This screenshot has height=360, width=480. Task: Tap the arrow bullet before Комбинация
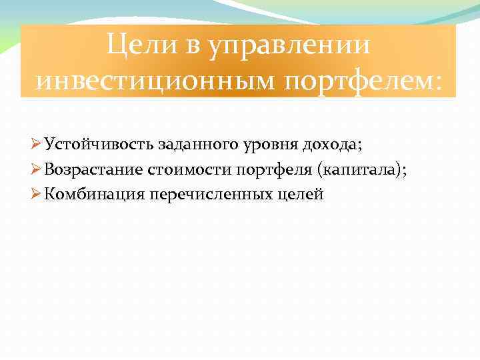(37, 194)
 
